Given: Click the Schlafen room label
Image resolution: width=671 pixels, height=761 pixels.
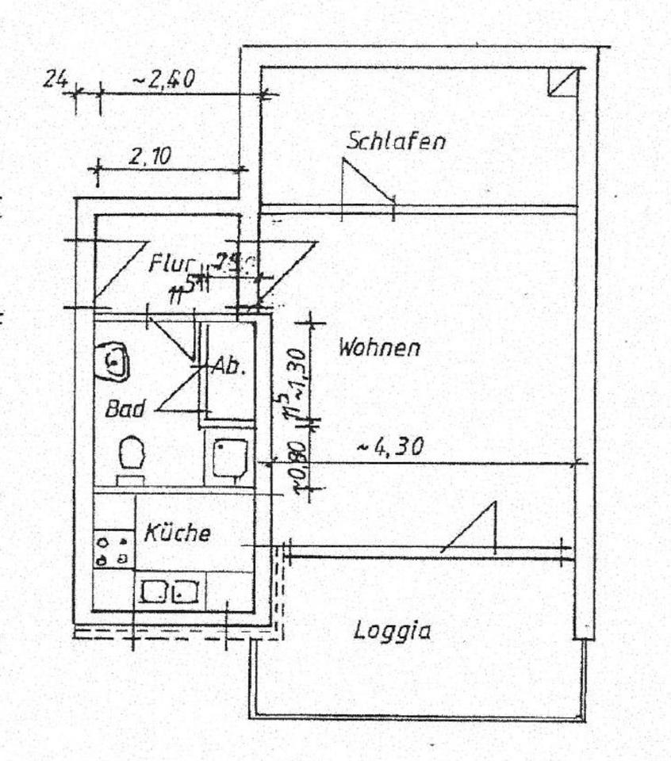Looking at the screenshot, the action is [x=396, y=142].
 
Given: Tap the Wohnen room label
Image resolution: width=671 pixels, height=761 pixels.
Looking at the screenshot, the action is [x=379, y=347].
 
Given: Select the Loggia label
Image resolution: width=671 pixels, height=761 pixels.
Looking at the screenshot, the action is [x=392, y=632].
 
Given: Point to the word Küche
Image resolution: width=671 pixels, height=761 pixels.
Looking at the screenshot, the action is [x=177, y=533].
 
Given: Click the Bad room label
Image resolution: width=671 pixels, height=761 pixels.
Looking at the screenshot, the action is [x=126, y=409].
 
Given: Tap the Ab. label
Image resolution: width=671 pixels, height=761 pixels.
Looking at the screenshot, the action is [x=230, y=367].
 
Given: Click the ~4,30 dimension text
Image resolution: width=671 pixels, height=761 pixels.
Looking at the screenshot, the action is [x=388, y=448].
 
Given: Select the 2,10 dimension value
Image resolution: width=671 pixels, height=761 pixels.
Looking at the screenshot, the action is [x=149, y=156].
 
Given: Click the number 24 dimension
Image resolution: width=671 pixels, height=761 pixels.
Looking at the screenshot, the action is [x=55, y=79].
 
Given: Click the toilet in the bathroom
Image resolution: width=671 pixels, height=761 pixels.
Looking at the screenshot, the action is [x=130, y=458].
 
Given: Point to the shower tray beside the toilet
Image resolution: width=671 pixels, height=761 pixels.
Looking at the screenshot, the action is [x=229, y=457].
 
